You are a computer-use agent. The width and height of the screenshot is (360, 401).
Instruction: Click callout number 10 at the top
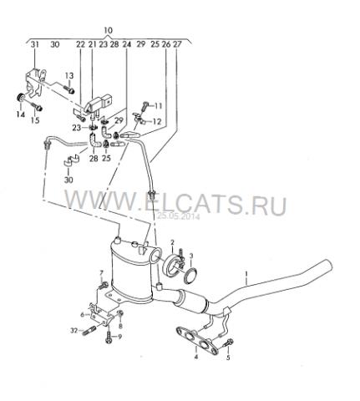pyautogui.click(x=109, y=30)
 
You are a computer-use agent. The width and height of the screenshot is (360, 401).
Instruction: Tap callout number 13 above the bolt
pyautogui.click(x=69, y=75)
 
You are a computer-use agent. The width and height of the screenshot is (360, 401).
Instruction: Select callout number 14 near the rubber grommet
pyautogui.click(x=21, y=114)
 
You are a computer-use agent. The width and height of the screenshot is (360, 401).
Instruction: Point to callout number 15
pyautogui.click(x=35, y=120)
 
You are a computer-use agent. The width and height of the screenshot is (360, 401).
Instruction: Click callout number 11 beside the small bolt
pyautogui.click(x=158, y=105)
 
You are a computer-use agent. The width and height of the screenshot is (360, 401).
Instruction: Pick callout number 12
pyautogui.click(x=157, y=121)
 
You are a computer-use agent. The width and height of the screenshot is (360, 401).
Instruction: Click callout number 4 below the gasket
pyautogui.click(x=196, y=357)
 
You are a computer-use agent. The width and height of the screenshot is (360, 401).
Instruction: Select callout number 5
pyautogui.click(x=228, y=358)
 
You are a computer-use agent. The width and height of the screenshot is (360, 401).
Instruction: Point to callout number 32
pyautogui.click(x=74, y=331)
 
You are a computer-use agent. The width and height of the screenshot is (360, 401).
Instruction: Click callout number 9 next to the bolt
pyautogui.click(x=120, y=337)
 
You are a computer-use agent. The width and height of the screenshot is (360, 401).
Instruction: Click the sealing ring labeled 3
pyautogui.click(x=190, y=277)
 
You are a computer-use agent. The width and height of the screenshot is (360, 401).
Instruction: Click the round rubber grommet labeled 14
pyautogui.click(x=20, y=98)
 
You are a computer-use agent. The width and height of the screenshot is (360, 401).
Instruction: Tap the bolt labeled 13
pyautogui.click(x=69, y=89)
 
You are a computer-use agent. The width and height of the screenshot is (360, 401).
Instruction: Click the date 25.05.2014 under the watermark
pyautogui.click(x=178, y=216)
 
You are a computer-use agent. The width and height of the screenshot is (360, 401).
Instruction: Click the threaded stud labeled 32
pyautogui.click(x=89, y=331)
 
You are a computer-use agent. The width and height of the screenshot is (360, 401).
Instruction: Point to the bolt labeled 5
pyautogui.click(x=228, y=343)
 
